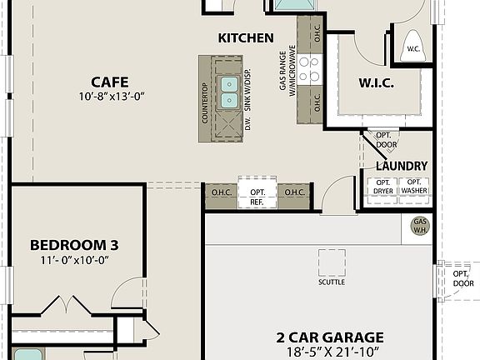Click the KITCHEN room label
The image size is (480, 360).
pos(246,37)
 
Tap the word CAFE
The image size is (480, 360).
pos(110,81)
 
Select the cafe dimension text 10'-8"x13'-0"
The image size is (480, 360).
pos(110,97)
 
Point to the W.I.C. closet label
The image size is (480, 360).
pos(376,83)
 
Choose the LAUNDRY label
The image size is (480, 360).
pos(401,166)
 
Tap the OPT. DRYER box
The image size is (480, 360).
pos(383,187)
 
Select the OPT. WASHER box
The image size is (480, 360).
pos(414,187)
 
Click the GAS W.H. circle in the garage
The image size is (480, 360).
pos(421,225)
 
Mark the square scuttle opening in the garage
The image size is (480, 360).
pos(332,263)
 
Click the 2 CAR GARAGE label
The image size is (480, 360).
pos(331,337)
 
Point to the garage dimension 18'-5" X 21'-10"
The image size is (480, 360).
pos(331,352)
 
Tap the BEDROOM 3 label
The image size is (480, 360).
pos(74,245)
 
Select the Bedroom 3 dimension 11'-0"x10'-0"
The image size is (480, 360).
pos(74,260)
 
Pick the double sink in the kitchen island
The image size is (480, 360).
pos(227,92)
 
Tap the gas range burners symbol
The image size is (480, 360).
pos(310,69)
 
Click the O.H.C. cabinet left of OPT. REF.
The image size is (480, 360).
pos(222,193)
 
